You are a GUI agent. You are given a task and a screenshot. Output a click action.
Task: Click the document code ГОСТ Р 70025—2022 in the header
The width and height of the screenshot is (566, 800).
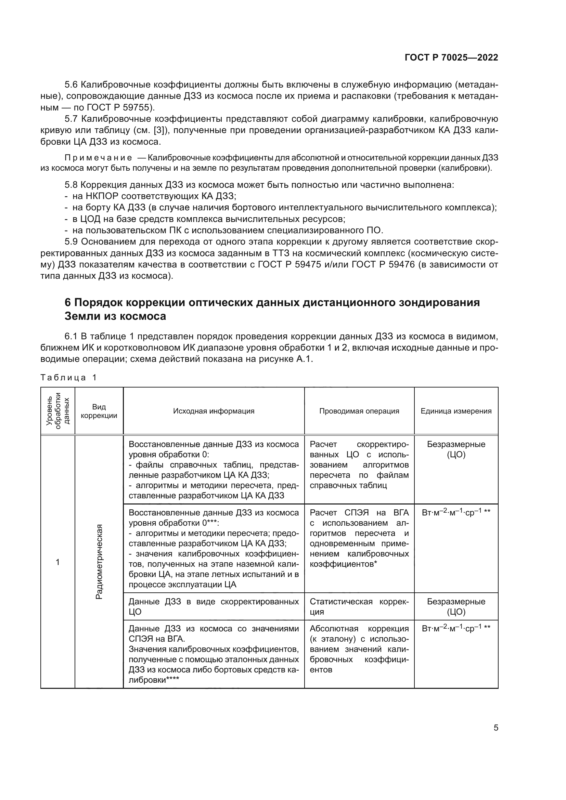pyautogui.click(x=451, y=58)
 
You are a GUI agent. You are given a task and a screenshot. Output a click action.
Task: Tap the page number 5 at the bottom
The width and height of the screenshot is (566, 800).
pyautogui.click(x=496, y=727)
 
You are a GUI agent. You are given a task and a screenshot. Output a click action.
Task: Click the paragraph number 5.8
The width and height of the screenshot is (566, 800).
pyautogui.click(x=72, y=185)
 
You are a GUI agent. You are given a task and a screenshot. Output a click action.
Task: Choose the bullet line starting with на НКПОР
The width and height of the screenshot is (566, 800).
pyautogui.click(x=154, y=196)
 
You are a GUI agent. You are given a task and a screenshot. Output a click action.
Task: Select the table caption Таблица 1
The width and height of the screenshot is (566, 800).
pyautogui.click(x=68, y=378)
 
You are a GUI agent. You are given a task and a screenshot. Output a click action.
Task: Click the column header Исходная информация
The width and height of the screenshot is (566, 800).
pyautogui.click(x=214, y=411)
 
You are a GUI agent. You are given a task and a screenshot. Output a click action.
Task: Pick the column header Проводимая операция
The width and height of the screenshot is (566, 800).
pyautogui.click(x=359, y=411)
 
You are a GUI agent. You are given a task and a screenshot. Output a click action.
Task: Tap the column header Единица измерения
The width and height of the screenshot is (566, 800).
pyautogui.click(x=456, y=411)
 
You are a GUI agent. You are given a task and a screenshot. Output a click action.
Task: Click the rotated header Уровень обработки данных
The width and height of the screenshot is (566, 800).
pyautogui.click(x=58, y=411)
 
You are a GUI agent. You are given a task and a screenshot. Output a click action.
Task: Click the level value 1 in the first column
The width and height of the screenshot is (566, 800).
pyautogui.click(x=57, y=562)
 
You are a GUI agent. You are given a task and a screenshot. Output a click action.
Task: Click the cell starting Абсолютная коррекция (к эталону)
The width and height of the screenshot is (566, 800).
pyautogui.click(x=359, y=649)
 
